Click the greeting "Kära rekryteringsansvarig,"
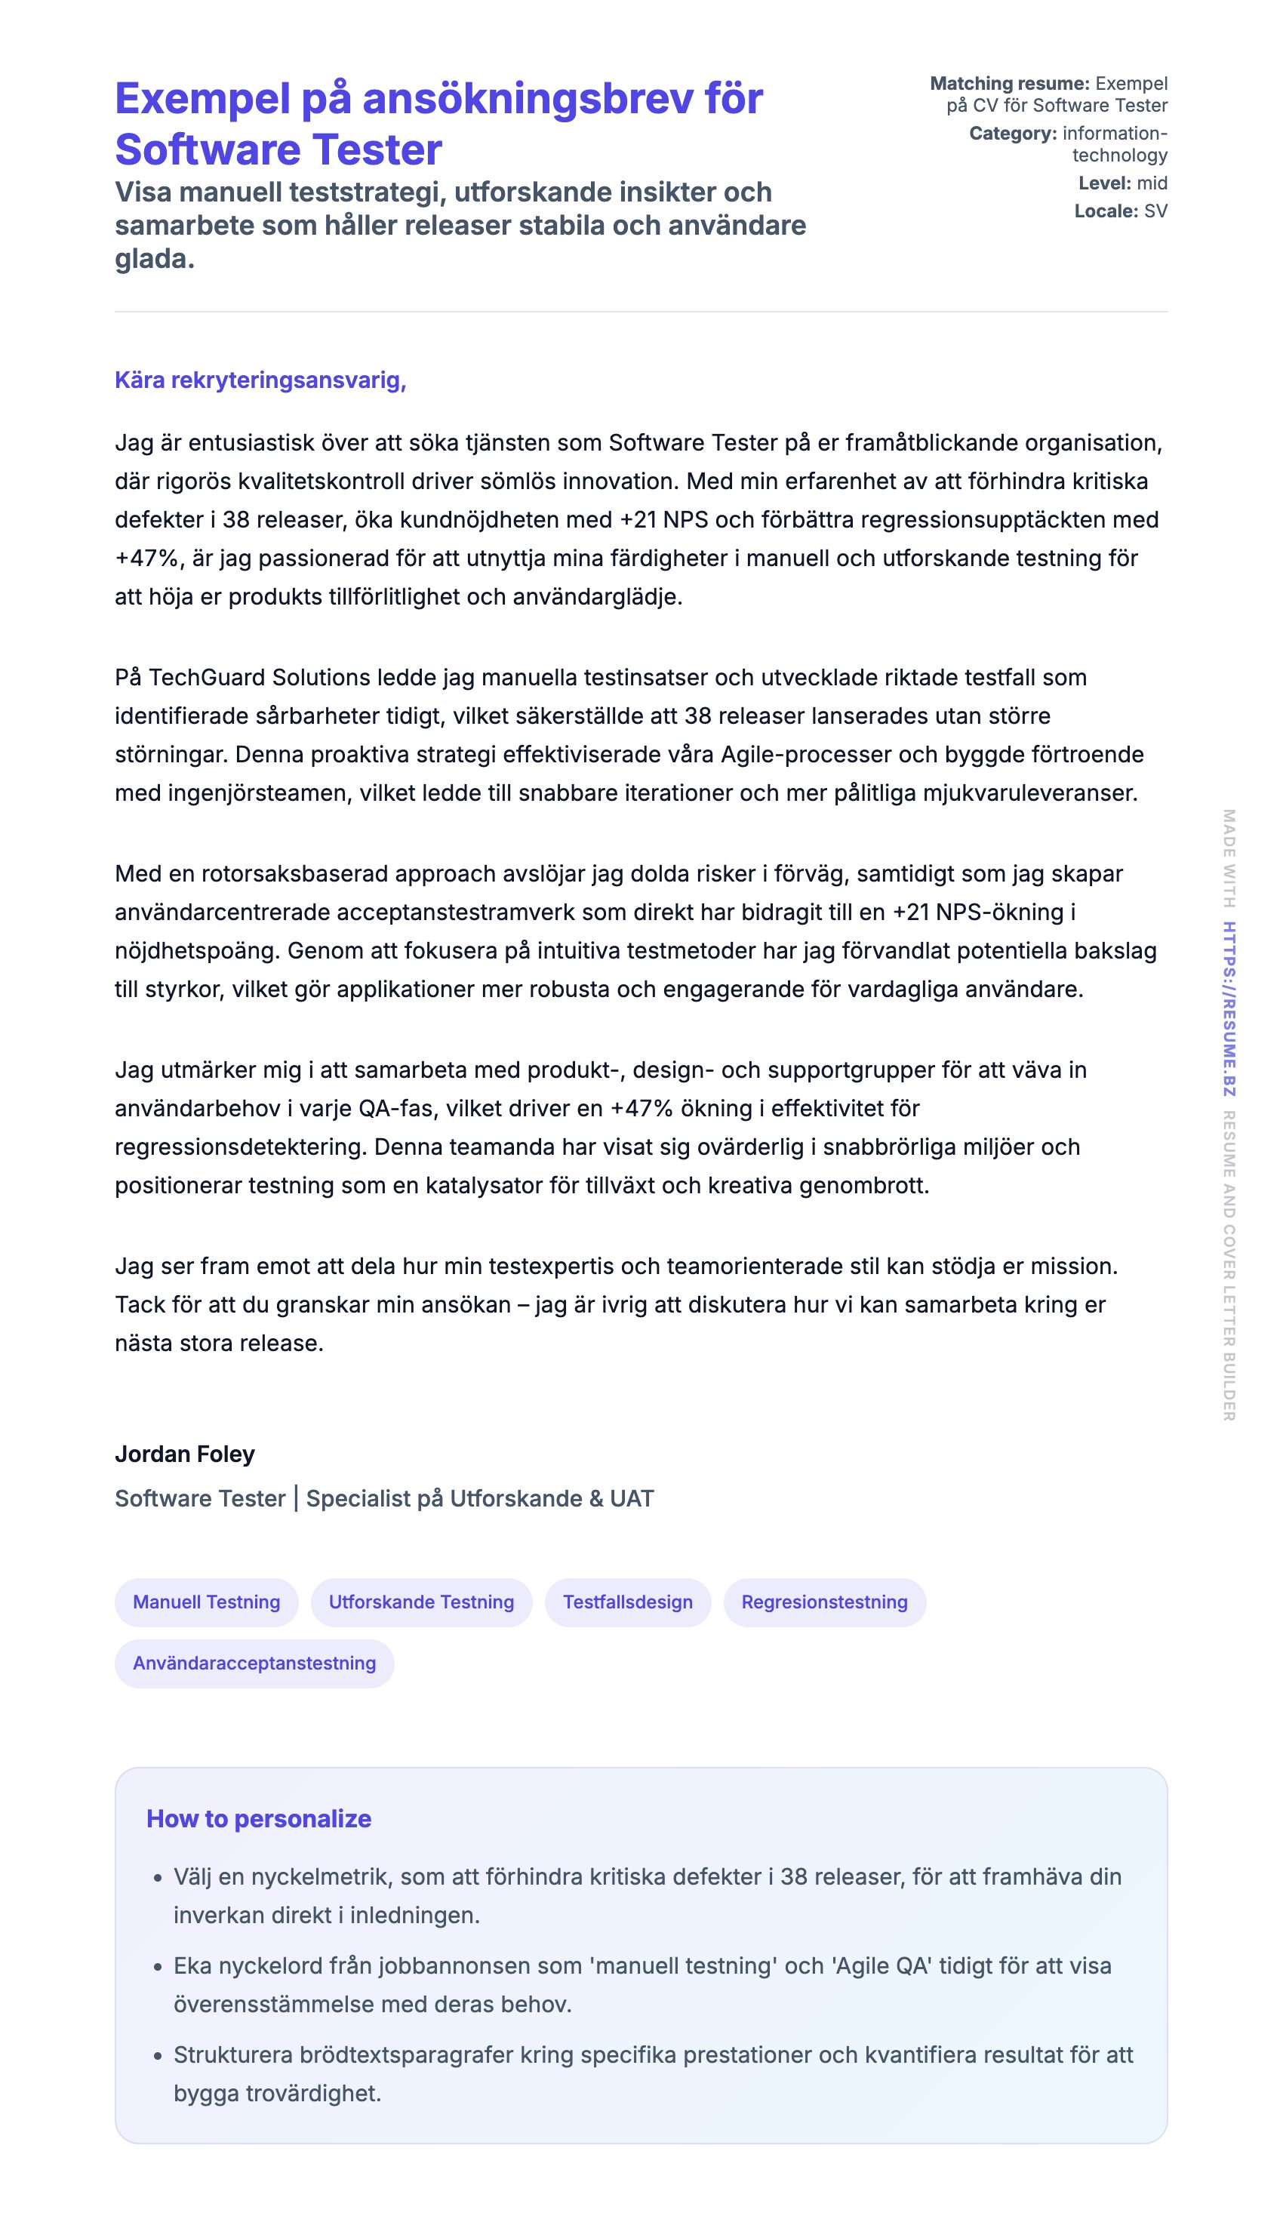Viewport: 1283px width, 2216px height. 260,380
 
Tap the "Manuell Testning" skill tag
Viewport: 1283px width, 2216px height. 207,1602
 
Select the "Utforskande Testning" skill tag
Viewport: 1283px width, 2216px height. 421,1602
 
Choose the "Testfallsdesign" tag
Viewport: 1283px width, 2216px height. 628,1602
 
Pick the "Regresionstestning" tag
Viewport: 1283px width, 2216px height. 824,1602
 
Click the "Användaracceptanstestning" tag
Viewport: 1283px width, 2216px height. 254,1663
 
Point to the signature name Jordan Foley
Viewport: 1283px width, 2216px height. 185,1454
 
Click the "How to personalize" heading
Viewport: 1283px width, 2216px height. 259,1818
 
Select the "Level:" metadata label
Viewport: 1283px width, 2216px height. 1104,183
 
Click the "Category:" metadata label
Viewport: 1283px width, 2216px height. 1013,134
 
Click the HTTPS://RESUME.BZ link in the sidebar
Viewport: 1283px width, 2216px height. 1229,1008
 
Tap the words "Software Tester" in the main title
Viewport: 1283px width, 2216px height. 278,149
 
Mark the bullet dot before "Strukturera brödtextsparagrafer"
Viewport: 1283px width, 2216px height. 158,2056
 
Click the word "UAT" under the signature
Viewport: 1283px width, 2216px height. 632,1498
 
